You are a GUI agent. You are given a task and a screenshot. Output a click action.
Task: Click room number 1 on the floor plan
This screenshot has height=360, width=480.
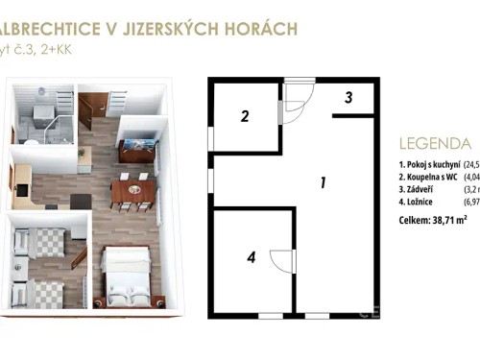[x=324, y=181]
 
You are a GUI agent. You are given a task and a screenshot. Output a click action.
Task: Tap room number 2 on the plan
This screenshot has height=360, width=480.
[x=245, y=117]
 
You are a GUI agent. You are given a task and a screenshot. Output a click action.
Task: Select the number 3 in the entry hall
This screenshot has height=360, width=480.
[x=348, y=96]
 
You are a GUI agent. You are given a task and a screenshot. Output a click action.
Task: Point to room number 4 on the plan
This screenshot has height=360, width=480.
[x=251, y=256]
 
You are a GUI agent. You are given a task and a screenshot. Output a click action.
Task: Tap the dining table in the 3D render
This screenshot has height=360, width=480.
[x=131, y=191]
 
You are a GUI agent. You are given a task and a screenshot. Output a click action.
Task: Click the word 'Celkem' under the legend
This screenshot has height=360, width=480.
[x=415, y=220]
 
